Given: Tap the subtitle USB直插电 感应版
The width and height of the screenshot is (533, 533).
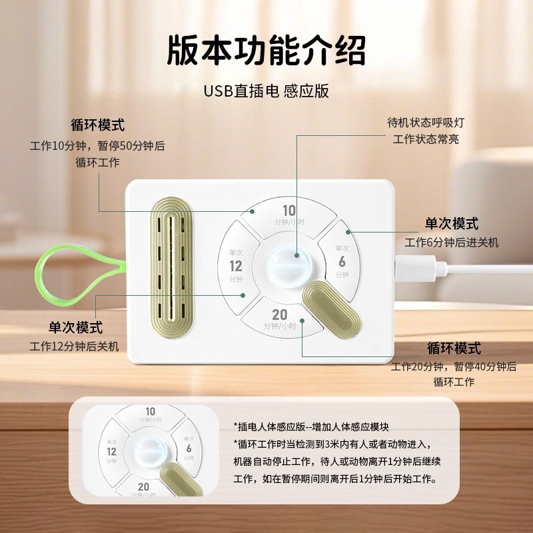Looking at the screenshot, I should click(x=266, y=91).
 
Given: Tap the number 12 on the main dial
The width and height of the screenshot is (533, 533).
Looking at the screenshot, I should click(x=236, y=266).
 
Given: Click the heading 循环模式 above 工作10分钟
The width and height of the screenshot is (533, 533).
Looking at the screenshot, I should click(x=98, y=125).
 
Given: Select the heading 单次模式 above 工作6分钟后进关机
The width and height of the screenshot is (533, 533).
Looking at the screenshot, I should click(x=452, y=224).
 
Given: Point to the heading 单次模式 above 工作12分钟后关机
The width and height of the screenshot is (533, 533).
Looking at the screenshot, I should click(x=75, y=327).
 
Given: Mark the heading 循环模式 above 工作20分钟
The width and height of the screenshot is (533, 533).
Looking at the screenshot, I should click(x=454, y=348).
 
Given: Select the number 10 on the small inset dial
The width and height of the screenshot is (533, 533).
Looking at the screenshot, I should click(x=151, y=412).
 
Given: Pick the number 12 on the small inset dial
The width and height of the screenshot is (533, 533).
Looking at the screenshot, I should click(x=111, y=451).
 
